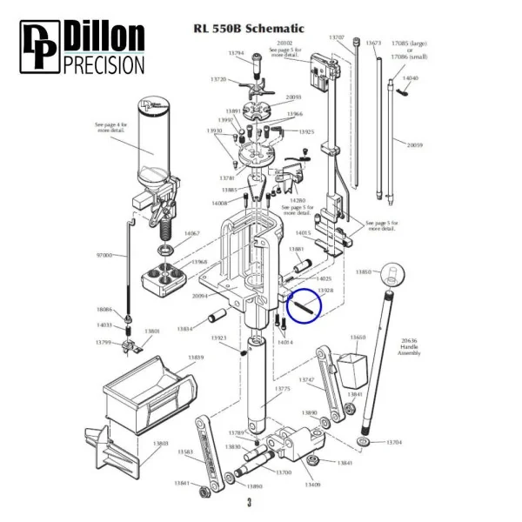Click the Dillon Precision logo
coord(83,49)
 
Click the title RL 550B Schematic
coord(251,29)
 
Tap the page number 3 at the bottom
coord(249,504)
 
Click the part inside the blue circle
coord(306,306)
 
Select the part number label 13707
coord(337,37)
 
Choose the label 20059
coord(414,145)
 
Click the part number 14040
coord(410,78)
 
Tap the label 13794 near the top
coord(236,53)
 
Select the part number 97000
coord(104,255)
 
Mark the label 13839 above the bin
coord(195,358)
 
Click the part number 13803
coord(161,444)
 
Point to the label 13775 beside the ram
coord(282,389)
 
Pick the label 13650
coord(358,338)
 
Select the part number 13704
coord(393,443)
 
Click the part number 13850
coord(362,273)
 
